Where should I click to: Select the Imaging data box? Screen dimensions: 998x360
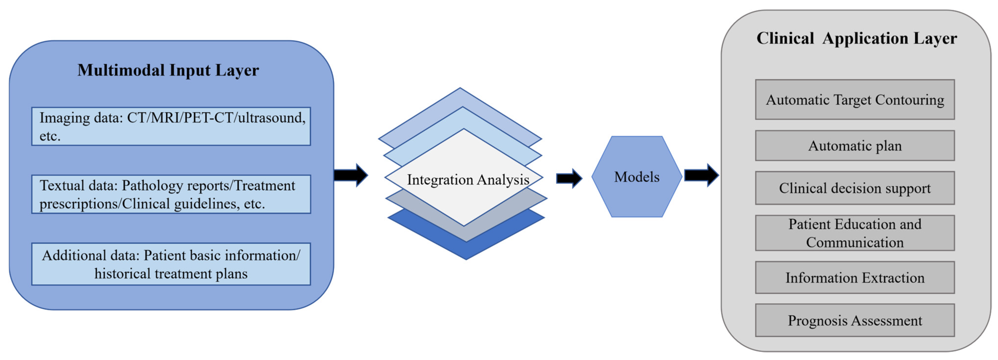point(171,126)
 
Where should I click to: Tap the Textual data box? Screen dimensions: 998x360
point(171,194)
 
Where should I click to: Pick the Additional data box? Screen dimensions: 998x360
point(171,264)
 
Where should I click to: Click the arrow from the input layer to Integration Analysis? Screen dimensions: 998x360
point(351,175)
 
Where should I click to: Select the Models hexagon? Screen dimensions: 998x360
point(636,177)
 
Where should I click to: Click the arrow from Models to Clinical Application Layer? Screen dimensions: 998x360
point(702,175)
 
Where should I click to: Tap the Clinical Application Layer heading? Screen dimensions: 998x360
point(857,38)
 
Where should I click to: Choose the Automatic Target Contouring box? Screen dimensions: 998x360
point(855,100)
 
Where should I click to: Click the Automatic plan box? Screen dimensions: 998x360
point(855,146)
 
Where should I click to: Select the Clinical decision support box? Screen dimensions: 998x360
point(855,188)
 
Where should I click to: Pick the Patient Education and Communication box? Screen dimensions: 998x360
point(855,233)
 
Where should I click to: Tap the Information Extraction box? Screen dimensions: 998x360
point(855,277)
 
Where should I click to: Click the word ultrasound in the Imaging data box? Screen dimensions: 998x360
point(271,117)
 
